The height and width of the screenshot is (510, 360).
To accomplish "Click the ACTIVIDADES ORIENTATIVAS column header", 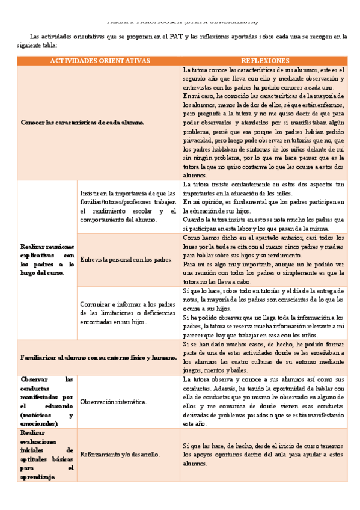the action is click(x=99, y=61).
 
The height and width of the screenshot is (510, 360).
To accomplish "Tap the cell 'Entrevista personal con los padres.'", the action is click(x=126, y=260).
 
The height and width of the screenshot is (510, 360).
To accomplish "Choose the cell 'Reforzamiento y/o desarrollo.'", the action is click(x=120, y=455).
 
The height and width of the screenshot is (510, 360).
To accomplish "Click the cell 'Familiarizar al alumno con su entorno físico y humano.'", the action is click(x=99, y=357).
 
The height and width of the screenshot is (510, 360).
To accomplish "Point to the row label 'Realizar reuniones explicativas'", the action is click(x=47, y=260).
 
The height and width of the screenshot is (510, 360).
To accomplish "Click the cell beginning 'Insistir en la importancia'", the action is click(x=127, y=206).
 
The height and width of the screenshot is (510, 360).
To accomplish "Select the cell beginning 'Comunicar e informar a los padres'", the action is click(x=127, y=313).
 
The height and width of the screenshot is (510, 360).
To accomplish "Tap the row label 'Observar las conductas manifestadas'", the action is click(x=47, y=401).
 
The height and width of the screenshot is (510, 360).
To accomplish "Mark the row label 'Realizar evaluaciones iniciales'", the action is click(x=47, y=455).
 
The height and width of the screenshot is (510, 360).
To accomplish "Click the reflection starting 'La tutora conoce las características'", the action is click(x=264, y=123).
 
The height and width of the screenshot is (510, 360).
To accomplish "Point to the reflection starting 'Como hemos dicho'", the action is click(x=264, y=260).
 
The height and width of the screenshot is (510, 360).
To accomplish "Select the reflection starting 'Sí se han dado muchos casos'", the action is click(x=264, y=357).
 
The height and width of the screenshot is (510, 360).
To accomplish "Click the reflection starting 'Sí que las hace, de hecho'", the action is click(x=264, y=455).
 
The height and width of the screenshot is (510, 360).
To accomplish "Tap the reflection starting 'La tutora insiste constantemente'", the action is click(x=264, y=206).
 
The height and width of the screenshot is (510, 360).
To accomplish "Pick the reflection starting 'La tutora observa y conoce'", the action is click(x=264, y=401).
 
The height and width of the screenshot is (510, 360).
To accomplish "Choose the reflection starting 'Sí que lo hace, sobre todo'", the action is click(x=264, y=313).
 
